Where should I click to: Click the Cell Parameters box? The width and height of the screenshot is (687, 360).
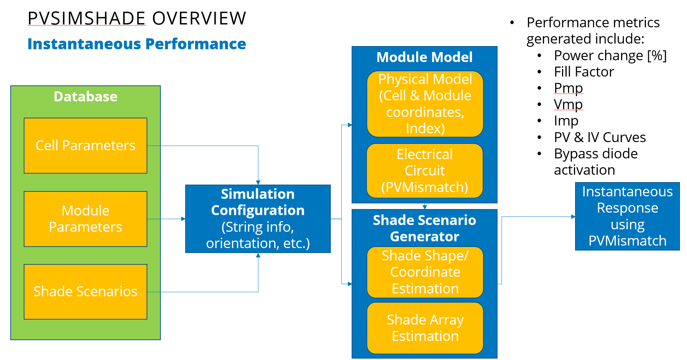(x=85, y=146)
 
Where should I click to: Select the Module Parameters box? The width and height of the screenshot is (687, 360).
(x=85, y=219)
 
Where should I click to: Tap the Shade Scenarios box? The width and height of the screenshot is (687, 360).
(x=85, y=292)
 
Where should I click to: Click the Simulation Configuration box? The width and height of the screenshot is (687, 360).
(x=258, y=219)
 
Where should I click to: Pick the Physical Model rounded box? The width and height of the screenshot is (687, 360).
(x=425, y=104)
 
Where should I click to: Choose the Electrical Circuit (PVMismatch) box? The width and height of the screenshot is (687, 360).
(x=425, y=171)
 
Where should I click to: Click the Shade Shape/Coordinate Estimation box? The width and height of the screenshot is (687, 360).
(x=425, y=272)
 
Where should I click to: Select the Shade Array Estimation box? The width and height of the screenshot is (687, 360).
(x=425, y=328)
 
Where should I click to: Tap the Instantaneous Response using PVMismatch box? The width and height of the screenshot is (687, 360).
(x=627, y=216)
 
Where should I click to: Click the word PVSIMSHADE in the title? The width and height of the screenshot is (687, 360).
(x=87, y=18)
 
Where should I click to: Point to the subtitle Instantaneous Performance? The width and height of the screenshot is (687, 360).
(x=137, y=44)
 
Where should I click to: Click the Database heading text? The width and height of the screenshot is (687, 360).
(x=85, y=96)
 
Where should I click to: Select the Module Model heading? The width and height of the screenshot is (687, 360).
(x=424, y=57)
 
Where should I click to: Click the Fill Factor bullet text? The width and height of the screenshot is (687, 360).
(x=584, y=72)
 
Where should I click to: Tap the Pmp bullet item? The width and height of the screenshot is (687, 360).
(x=568, y=88)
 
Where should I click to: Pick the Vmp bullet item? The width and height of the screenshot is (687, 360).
(x=568, y=105)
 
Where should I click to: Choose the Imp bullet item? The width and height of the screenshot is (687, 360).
(x=566, y=121)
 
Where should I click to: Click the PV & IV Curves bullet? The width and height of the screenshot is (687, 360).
(x=600, y=137)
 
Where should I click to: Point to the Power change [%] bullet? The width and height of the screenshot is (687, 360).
(x=610, y=56)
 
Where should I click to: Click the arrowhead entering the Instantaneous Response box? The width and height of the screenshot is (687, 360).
(x=573, y=216)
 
